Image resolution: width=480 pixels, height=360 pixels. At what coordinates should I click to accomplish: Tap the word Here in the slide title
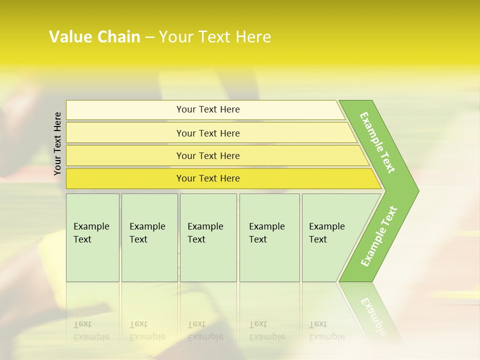pos(253,37)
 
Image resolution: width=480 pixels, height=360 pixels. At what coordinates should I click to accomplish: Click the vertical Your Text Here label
pos(57,143)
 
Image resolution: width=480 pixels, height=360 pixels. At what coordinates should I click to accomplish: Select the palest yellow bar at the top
pos(207,109)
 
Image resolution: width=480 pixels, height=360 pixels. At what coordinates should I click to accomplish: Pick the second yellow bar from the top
pos(207,133)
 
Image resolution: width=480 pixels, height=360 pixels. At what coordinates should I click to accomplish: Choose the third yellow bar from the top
pos(207,155)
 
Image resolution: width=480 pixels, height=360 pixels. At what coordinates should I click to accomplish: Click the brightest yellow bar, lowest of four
pos(207,178)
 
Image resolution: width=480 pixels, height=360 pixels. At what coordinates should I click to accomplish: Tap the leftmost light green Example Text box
pos(92,237)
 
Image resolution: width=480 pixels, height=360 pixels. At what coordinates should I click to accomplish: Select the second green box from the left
pos(149,237)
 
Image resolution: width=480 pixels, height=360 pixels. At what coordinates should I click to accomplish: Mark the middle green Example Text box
pos(208,237)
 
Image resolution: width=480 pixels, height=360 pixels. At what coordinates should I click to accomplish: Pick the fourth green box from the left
pos(269,237)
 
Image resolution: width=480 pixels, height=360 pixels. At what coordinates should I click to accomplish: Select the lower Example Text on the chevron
pos(379,236)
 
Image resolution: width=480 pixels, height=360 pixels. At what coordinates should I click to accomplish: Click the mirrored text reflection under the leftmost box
pos(91,331)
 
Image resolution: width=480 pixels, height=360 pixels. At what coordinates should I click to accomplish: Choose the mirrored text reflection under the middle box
pos(205,331)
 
